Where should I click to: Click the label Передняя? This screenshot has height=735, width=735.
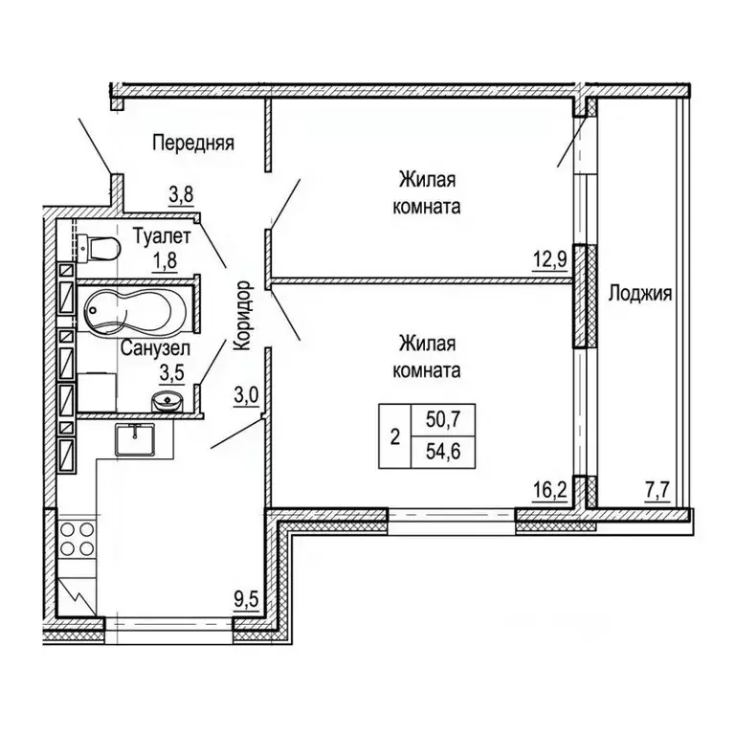(193, 143)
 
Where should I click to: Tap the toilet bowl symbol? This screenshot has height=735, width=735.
(99, 248)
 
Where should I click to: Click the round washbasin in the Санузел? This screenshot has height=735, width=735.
(167, 401)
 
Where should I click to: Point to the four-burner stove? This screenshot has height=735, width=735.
(78, 539)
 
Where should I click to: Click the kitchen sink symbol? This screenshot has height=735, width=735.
(135, 438)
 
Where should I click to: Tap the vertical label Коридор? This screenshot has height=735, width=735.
(244, 316)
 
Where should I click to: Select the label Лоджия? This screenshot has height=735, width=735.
(640, 294)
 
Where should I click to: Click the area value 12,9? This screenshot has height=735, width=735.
(550, 258)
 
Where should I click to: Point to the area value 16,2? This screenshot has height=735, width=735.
(550, 491)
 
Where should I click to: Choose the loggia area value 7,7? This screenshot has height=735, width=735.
(658, 492)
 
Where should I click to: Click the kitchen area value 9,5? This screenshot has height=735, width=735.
(247, 599)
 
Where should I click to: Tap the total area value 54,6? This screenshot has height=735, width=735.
(443, 452)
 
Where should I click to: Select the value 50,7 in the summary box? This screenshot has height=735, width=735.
(443, 419)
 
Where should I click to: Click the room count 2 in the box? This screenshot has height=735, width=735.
(395, 437)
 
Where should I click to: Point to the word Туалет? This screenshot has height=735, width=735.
(162, 236)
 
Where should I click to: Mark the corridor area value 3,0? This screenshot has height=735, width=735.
(246, 396)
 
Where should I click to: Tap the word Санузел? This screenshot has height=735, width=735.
(155, 348)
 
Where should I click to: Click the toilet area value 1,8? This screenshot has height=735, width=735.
(164, 260)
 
